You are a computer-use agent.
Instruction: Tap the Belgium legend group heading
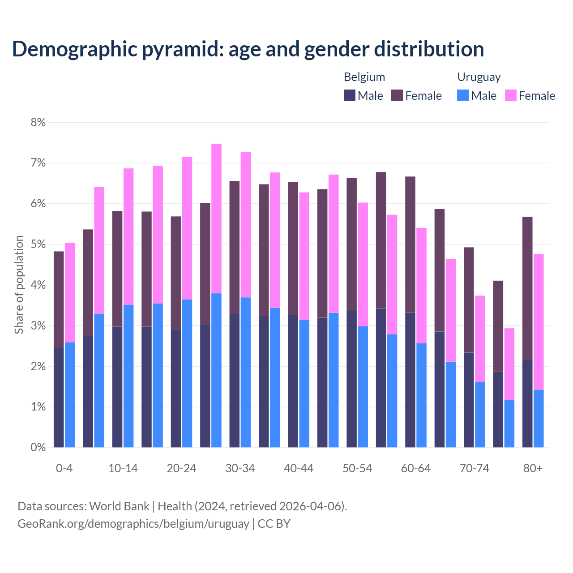click(364, 77)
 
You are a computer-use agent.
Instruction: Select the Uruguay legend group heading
click(479, 77)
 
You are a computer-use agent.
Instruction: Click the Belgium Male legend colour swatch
click(350, 95)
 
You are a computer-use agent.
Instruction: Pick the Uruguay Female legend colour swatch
click(510, 95)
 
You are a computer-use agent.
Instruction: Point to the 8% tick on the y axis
click(38, 122)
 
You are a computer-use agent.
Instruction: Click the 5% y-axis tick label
click(38, 244)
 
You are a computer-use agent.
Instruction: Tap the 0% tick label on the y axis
click(38, 447)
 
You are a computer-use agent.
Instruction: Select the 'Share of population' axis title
click(19, 285)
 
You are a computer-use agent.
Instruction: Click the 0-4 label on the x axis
click(64, 468)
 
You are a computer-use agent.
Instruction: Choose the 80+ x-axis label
click(533, 468)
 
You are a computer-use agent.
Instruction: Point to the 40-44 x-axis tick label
click(299, 468)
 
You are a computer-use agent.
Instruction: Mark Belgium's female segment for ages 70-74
click(469, 300)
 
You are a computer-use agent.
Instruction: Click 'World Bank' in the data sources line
click(119, 506)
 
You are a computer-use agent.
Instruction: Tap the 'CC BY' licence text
click(274, 523)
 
